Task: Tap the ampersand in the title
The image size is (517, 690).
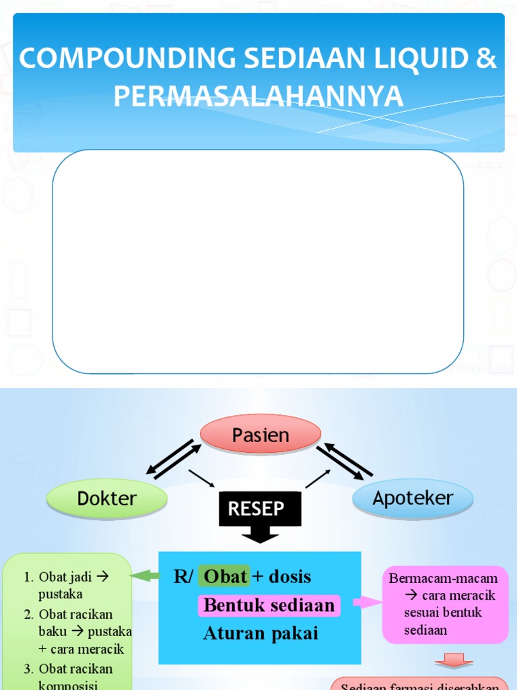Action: coord(485,59)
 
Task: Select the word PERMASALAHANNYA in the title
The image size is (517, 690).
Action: coord(258,96)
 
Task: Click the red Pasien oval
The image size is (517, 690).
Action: coord(261,435)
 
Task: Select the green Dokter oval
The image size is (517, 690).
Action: coord(106,499)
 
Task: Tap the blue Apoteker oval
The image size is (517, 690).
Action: coord(413,499)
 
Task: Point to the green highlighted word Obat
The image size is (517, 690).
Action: coord(225,577)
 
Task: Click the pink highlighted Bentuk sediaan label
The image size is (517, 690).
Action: coord(269,605)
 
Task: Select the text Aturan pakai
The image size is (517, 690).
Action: coord(261,633)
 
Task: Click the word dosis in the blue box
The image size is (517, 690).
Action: coord(289,577)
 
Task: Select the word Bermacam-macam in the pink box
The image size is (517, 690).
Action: coord(444,578)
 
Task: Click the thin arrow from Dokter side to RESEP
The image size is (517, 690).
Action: coord(201,478)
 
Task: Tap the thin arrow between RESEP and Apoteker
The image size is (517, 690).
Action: coord(318,478)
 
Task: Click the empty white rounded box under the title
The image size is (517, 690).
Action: coord(258,261)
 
